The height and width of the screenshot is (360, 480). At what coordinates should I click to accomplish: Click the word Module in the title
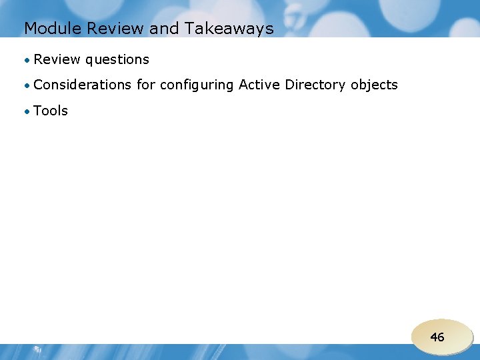pyautogui.click(x=48, y=29)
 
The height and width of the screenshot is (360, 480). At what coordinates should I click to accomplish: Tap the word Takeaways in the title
pyautogui.click(x=228, y=29)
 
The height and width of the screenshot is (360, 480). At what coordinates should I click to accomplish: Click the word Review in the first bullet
pyautogui.click(x=56, y=59)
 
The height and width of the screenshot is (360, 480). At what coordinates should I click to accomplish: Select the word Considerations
pyautogui.click(x=82, y=85)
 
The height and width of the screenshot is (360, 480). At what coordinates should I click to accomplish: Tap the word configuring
pyautogui.click(x=197, y=85)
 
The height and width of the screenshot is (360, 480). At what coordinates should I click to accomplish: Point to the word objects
pyautogui.click(x=374, y=85)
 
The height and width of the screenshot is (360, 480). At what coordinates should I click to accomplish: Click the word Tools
pyautogui.click(x=51, y=111)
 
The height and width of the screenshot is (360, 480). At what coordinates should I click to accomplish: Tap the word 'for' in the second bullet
pyautogui.click(x=145, y=85)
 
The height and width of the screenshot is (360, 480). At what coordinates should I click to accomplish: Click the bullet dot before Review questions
pyautogui.click(x=27, y=60)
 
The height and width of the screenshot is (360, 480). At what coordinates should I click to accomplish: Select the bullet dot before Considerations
pyautogui.click(x=27, y=85)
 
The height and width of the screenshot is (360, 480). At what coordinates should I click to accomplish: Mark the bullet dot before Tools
pyautogui.click(x=27, y=111)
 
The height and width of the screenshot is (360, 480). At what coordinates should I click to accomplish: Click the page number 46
pyautogui.click(x=437, y=337)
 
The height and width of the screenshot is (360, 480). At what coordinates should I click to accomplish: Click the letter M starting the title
pyautogui.click(x=30, y=29)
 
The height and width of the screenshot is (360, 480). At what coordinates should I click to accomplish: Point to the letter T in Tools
pyautogui.click(x=37, y=111)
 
